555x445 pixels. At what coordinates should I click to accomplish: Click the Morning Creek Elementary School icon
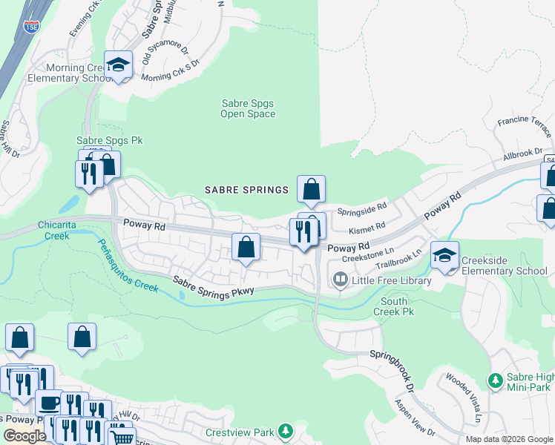click(118, 65)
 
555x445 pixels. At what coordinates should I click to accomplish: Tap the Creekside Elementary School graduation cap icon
click(444, 256)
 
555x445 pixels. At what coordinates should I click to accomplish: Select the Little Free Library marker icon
click(341, 280)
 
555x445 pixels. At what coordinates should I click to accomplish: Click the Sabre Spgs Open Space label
click(248, 109)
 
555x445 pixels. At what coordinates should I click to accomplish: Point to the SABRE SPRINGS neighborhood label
click(246, 190)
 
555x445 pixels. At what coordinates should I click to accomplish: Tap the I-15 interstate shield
click(31, 27)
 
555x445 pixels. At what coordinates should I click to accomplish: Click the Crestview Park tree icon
click(285, 431)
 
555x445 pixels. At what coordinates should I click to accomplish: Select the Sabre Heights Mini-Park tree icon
click(495, 380)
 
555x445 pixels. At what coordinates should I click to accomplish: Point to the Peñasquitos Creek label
click(127, 264)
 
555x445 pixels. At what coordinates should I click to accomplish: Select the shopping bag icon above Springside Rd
click(311, 189)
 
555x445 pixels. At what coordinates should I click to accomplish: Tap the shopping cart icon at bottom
click(122, 438)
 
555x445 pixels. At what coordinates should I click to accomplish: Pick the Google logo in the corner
click(24, 436)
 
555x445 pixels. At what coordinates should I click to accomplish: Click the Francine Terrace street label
click(525, 126)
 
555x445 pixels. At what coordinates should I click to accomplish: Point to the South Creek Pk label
click(397, 306)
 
